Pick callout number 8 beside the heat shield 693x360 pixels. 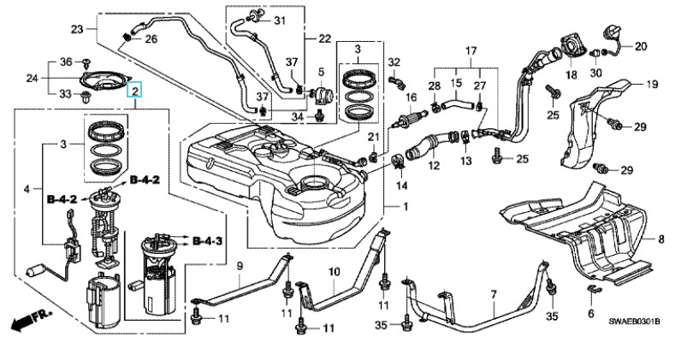tap(660, 239)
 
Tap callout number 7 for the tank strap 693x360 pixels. tap(493, 295)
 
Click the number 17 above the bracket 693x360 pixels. tap(470, 51)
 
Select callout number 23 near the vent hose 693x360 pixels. tap(77, 30)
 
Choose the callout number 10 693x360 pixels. tap(334, 272)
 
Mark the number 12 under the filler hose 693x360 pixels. tap(434, 165)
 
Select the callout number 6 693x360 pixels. tap(589, 315)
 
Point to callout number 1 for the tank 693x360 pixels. tap(406, 206)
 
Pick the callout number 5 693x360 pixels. tap(323, 71)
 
